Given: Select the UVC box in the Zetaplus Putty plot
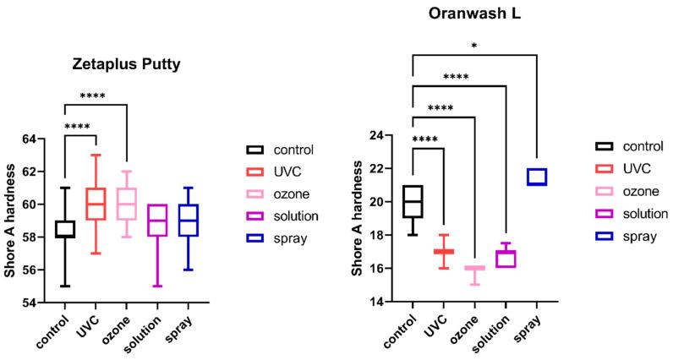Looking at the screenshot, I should pos(96,204).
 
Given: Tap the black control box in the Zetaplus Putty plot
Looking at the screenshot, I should pos(64,229).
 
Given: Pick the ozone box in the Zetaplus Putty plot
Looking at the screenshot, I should pos(126,204).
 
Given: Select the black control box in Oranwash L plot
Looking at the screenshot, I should pos(413,201).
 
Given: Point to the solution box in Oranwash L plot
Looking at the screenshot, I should pos(505,259).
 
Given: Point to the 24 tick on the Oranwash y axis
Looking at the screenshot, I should pos(378,135).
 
